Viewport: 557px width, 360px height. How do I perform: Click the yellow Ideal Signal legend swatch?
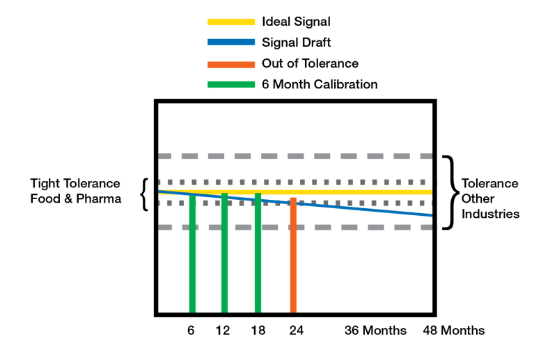point(231,22)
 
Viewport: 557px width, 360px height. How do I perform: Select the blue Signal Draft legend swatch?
point(231,42)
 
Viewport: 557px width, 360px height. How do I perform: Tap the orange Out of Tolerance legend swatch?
point(231,64)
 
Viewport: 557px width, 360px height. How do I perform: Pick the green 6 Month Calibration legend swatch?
point(231,85)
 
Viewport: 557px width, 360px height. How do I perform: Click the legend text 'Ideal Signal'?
point(296,22)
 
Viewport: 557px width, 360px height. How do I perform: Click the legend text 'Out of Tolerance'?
point(310,64)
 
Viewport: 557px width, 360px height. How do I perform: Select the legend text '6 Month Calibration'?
point(320,85)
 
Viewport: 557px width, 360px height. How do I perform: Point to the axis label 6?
point(191,330)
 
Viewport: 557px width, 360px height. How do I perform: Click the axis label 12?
point(223,330)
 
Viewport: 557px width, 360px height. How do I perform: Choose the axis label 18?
point(258,330)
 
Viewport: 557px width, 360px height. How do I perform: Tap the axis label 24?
point(296,330)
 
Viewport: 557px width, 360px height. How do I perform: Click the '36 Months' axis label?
point(375,330)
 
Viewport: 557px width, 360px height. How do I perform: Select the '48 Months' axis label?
point(455,330)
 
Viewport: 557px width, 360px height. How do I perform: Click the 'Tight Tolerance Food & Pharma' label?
point(75,191)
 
